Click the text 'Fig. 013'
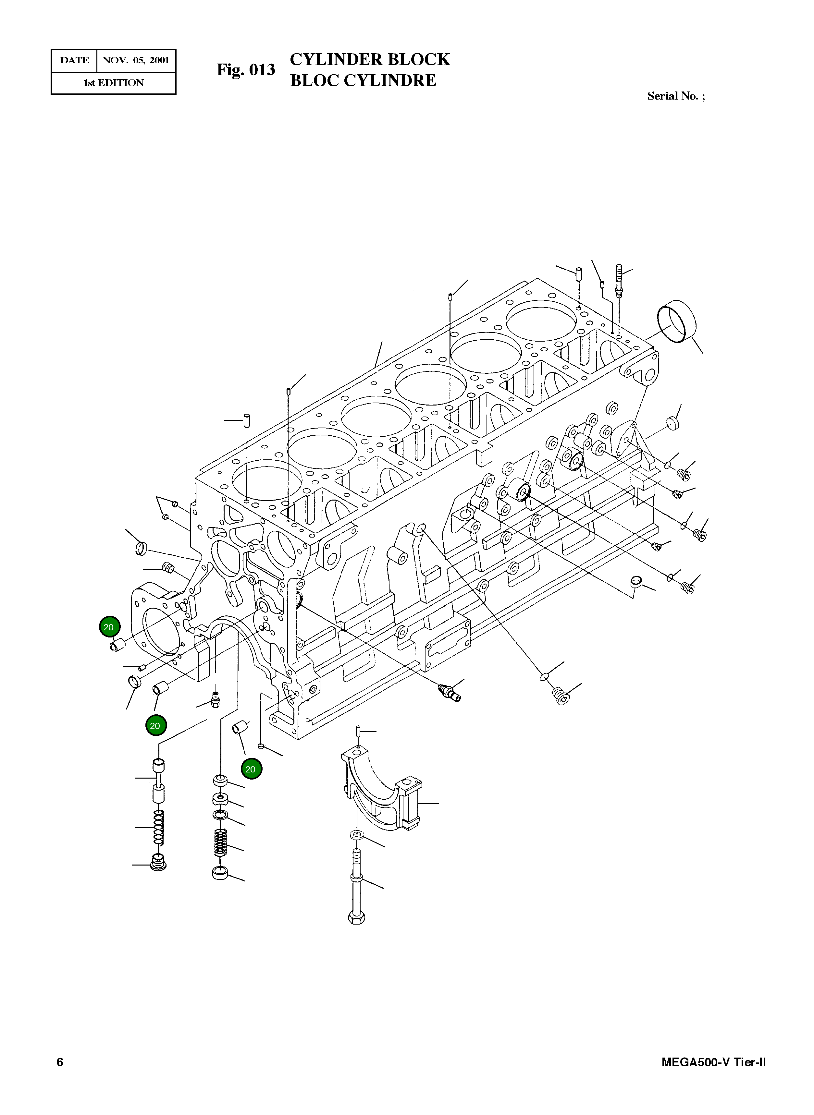pyautogui.click(x=245, y=70)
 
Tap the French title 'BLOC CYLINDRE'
pyautogui.click(x=363, y=80)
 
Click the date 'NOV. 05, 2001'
pyautogui.click(x=135, y=61)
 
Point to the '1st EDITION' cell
pyautogui.click(x=113, y=83)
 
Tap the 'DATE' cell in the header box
pyautogui.click(x=74, y=61)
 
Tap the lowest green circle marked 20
pyautogui.click(x=251, y=769)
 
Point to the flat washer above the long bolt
pyautogui.click(x=356, y=834)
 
